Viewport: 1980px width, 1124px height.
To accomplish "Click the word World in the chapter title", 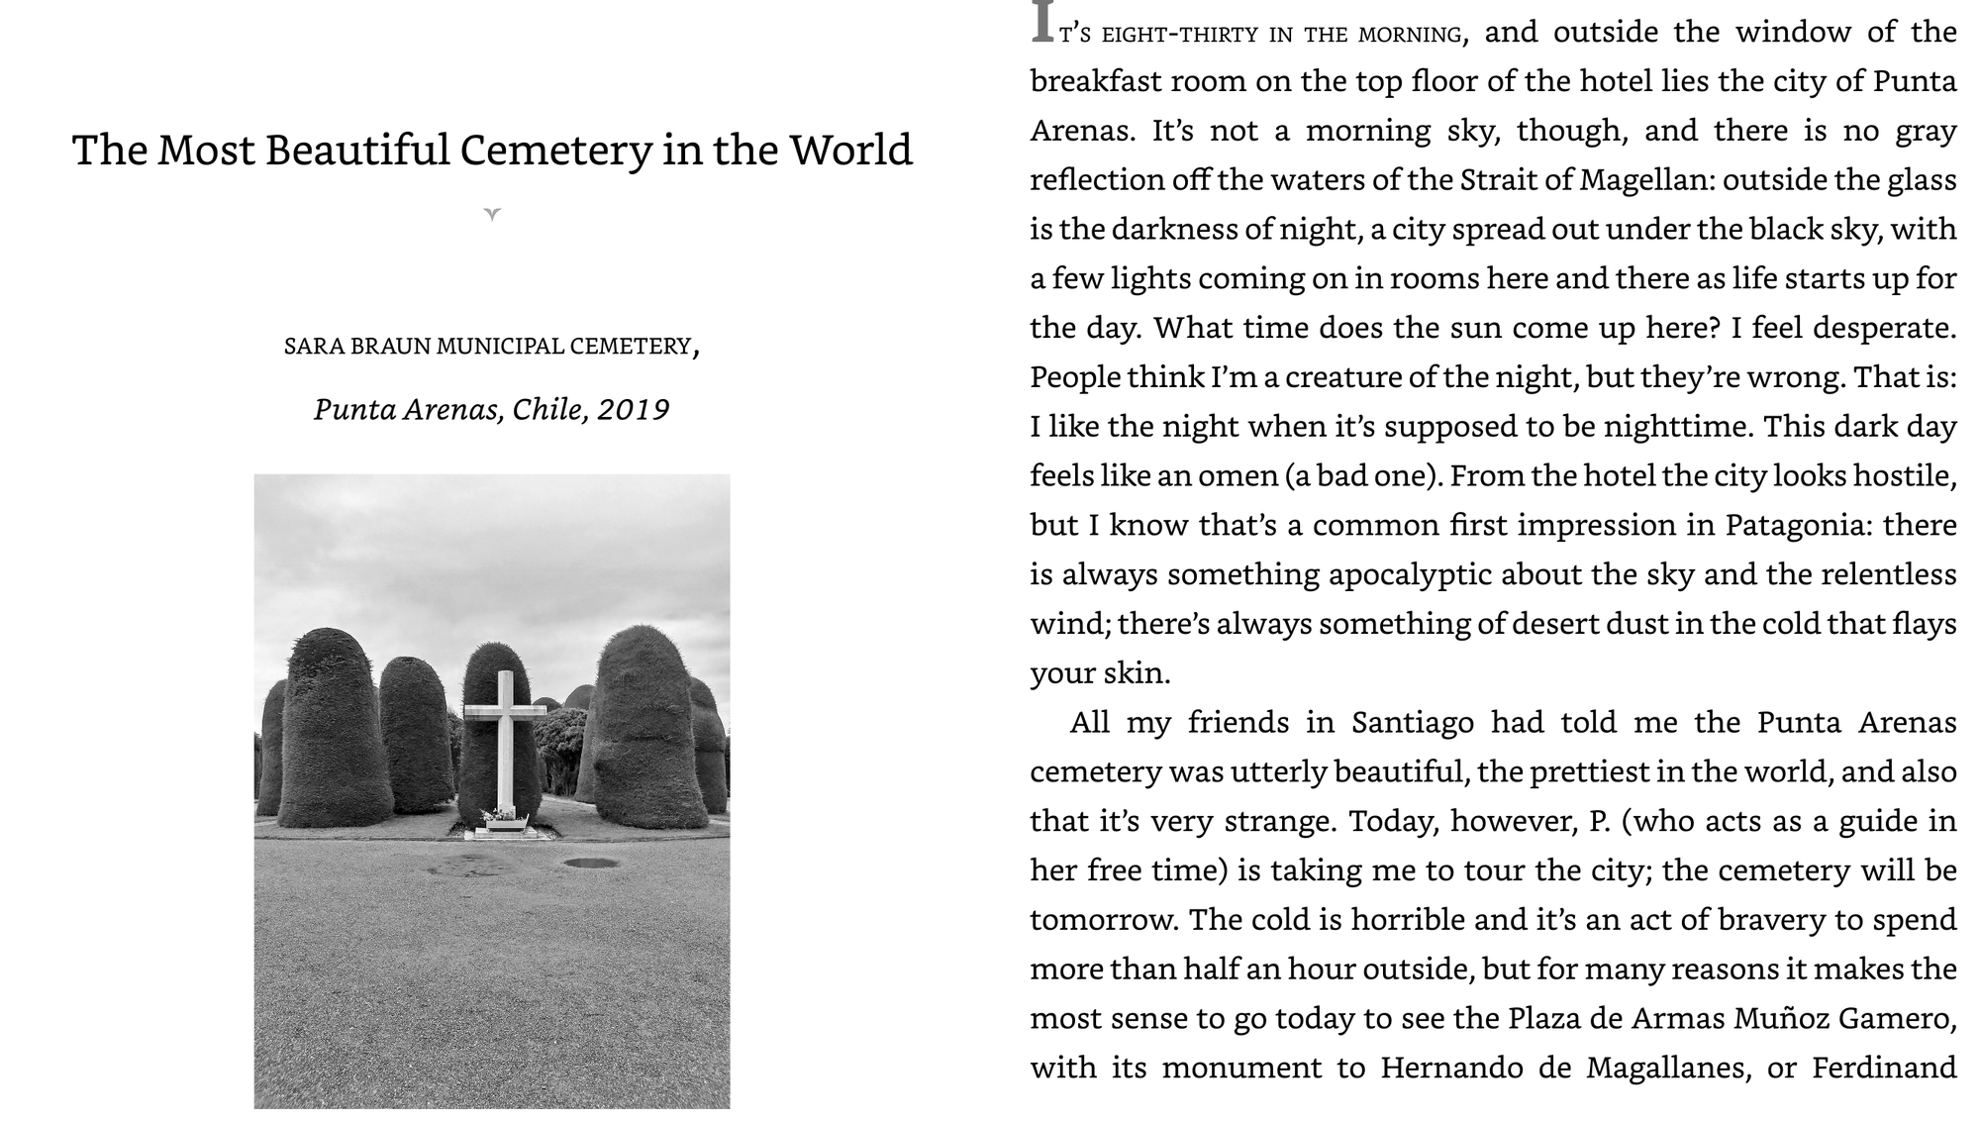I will pos(850,151).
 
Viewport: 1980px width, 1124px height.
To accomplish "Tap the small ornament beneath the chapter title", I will pos(492,213).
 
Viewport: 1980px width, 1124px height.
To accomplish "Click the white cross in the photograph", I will pos(505,733).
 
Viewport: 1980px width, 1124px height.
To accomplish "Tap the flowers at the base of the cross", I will pos(500,815).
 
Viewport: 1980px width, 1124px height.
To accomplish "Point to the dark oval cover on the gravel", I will pos(591,863).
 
